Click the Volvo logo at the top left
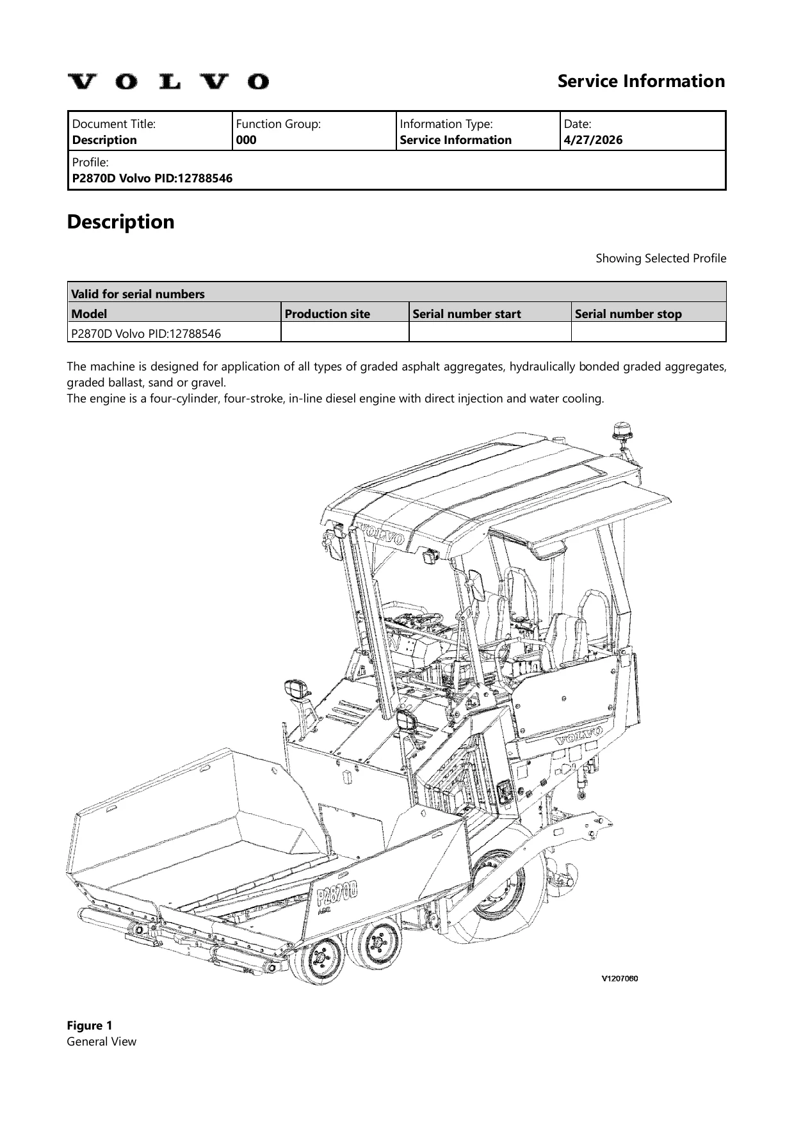coord(168,82)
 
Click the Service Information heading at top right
coord(641,81)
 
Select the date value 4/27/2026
coord(593,140)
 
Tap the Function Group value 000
coord(247,140)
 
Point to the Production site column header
coord(327,314)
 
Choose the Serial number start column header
coord(467,314)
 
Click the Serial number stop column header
coord(628,314)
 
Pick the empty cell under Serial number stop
coord(649,332)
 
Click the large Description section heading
coord(121,222)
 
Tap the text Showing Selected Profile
coord(661,259)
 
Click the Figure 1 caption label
coord(90,1025)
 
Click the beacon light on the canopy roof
coord(620,432)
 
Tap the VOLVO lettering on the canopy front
coord(382,534)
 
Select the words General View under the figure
coord(102,1041)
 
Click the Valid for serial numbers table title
coord(138,294)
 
